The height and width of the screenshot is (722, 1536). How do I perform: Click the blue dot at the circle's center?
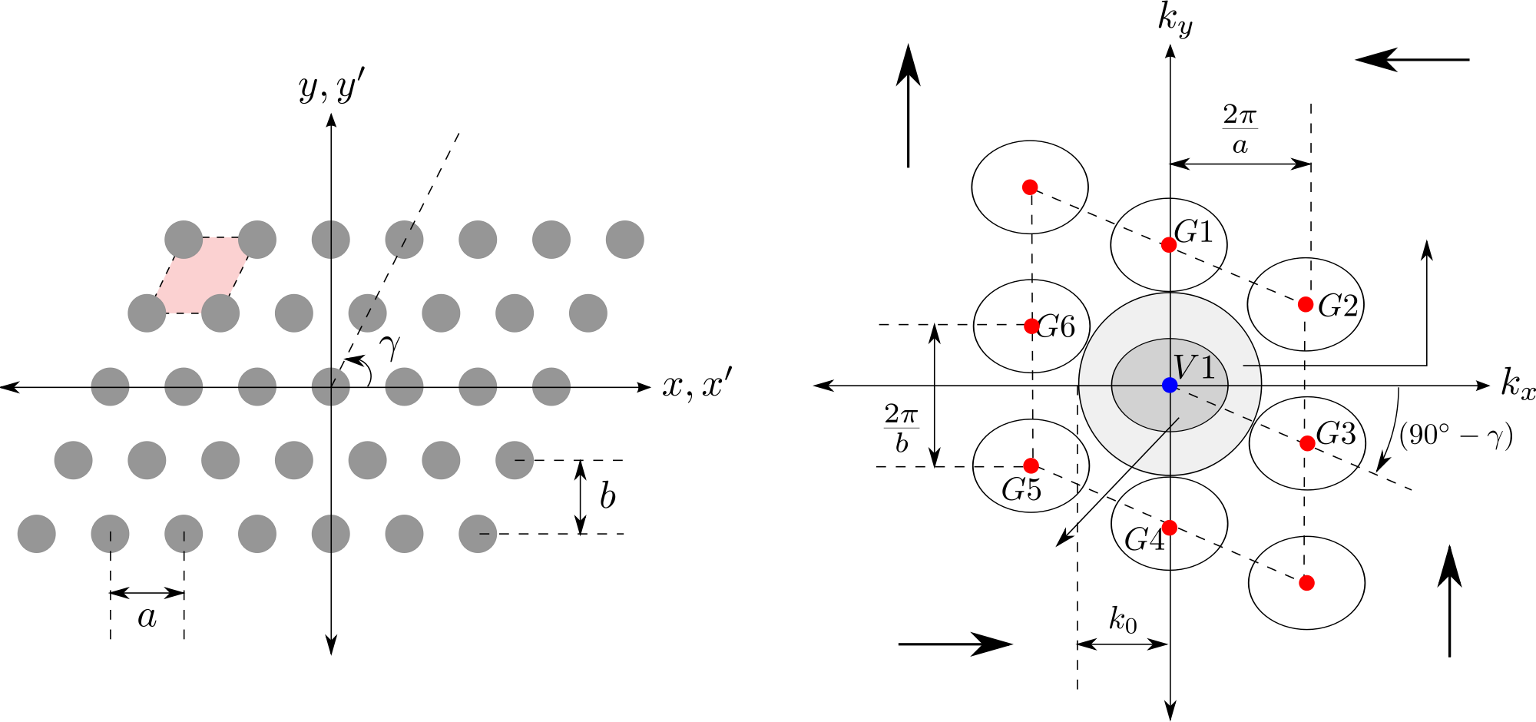[1170, 385]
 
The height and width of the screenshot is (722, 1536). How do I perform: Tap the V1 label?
[1194, 368]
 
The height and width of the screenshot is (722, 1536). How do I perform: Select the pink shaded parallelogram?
[202, 275]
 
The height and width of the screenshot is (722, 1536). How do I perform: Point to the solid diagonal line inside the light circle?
[1154, 443]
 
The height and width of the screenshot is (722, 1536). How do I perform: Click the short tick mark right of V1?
[1251, 366]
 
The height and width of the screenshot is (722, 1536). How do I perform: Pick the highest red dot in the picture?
[1030, 187]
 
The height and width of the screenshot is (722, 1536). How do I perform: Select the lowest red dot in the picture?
[1306, 583]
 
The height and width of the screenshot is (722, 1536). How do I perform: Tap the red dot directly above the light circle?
[1169, 245]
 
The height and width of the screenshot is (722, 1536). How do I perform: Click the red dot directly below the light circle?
[1170, 528]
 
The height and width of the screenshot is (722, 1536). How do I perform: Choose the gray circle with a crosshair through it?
[331, 386]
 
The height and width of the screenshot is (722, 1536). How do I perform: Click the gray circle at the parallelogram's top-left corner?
[184, 240]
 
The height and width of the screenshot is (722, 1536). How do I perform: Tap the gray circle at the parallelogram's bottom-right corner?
[220, 313]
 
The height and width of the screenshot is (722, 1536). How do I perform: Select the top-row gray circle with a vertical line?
[331, 240]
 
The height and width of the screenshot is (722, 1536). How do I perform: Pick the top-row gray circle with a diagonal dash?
[404, 240]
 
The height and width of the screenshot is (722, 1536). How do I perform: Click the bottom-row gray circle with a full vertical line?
[331, 534]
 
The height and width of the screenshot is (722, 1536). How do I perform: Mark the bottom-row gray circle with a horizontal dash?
[478, 534]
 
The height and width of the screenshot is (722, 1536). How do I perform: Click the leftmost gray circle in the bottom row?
[37, 534]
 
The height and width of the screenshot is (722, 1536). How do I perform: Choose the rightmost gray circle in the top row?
[624, 240]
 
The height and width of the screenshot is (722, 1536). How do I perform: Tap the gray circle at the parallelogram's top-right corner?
[257, 240]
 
